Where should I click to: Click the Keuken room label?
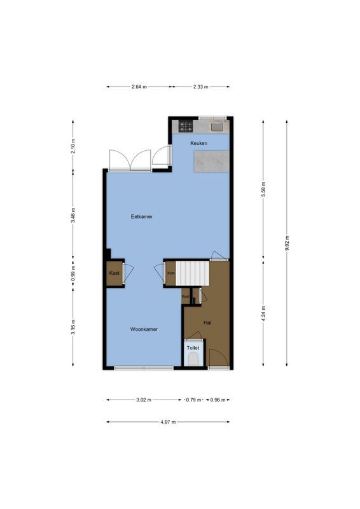pos(200,144)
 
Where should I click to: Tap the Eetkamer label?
pos(142,216)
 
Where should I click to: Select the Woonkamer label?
pos(144,329)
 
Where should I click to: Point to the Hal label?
pos(207,323)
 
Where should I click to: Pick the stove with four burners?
pos(186,126)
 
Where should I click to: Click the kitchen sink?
pos(217,126)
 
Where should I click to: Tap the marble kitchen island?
pos(212,162)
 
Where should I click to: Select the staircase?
pos(193,273)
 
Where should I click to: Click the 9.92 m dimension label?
pos(287,242)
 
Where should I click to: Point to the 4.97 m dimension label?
pos(168,421)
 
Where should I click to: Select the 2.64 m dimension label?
pos(139,87)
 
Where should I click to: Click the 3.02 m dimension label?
pos(144,400)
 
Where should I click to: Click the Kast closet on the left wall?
pos(114,273)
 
